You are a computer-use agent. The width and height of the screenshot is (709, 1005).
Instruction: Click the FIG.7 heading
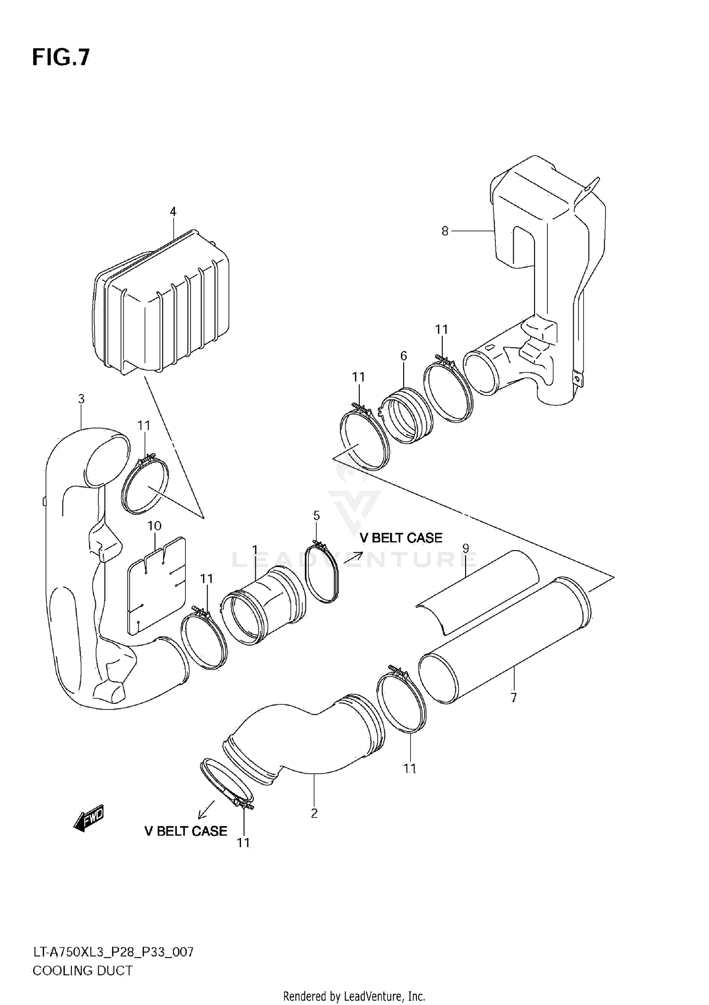[x=61, y=58]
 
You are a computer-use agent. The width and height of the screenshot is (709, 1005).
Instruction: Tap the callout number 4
[x=173, y=211]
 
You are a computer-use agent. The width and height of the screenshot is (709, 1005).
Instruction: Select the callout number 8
[x=444, y=231]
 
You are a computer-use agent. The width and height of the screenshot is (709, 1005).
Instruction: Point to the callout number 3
[x=81, y=399]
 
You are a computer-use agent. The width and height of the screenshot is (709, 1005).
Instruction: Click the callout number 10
[x=155, y=526]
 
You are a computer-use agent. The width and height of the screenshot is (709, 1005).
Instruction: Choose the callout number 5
[x=316, y=515]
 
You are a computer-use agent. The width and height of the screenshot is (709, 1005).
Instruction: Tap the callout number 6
[x=403, y=356]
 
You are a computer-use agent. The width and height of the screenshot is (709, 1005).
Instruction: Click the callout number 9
[x=466, y=548]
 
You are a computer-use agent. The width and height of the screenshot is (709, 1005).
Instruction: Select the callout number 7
[x=513, y=697]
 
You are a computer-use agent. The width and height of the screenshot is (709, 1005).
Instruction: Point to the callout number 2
[x=314, y=813]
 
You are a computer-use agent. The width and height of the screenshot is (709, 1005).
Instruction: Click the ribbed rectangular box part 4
[x=163, y=307]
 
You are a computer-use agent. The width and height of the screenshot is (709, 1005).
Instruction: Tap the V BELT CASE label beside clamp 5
[x=401, y=538]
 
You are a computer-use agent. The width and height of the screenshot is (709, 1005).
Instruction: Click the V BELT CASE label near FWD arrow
[x=186, y=844]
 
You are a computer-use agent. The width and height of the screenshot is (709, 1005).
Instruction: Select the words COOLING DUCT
[x=82, y=970]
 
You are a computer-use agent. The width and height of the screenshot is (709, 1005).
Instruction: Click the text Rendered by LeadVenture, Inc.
[x=354, y=996]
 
